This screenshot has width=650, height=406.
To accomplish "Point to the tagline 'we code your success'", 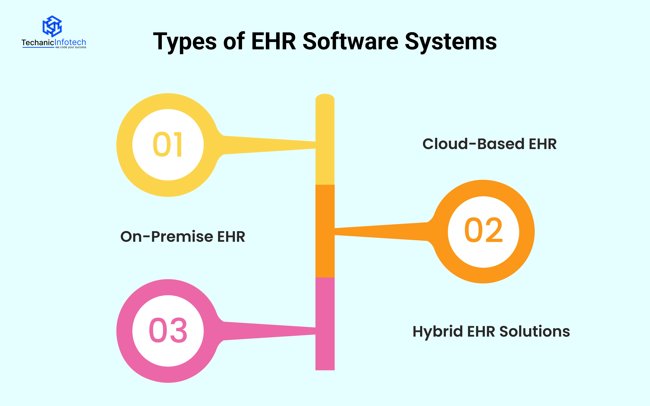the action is tap(71, 47).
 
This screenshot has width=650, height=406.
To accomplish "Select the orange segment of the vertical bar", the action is tap(325, 231).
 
